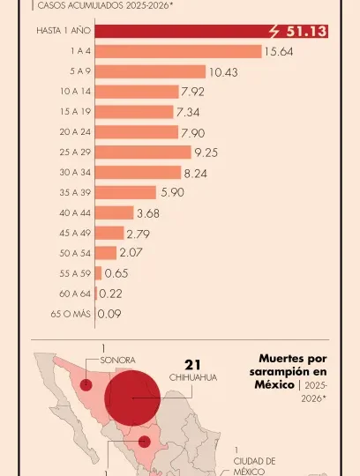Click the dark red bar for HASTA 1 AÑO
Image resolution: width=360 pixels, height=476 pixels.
[176, 32]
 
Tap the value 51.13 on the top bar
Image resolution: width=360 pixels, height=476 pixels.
[304, 32]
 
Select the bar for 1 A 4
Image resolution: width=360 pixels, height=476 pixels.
[177, 51]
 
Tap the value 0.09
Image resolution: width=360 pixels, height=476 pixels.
[110, 314]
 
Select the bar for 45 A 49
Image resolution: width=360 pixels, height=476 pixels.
[109, 233]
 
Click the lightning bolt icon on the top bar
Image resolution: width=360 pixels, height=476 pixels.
[274, 32]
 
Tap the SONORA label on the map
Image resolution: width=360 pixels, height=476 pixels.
[118, 361]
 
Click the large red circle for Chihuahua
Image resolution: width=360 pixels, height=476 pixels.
[132, 398]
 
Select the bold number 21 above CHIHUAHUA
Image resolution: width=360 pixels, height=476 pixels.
[194, 364]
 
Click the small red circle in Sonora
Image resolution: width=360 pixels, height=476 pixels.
[86, 384]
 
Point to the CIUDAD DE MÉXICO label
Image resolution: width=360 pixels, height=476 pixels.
[254, 466]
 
